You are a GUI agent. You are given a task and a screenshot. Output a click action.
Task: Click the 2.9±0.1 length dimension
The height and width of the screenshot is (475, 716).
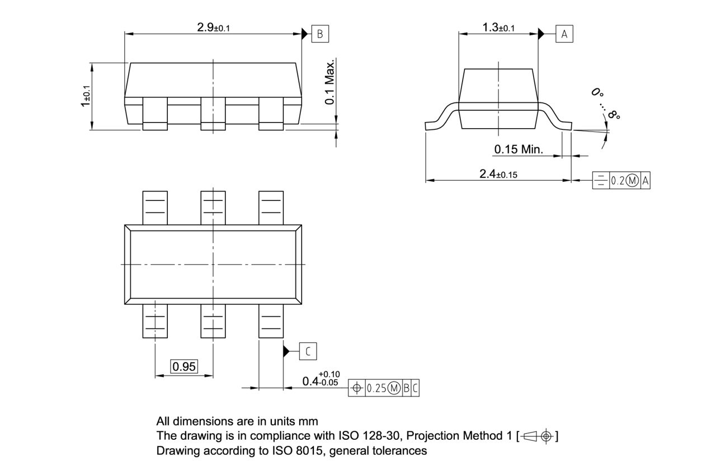213,27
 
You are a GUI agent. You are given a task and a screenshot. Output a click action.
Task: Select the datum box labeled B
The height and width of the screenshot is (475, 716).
320,34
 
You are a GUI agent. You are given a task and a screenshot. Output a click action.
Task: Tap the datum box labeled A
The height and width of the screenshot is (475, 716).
564,34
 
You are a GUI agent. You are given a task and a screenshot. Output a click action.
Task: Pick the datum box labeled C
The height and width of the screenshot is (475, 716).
308,351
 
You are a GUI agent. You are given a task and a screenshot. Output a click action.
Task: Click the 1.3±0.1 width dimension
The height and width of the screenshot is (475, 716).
498,27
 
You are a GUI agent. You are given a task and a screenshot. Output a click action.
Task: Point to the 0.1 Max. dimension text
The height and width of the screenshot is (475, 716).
331,81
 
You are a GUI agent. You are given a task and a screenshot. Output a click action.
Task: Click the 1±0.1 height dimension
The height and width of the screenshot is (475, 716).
84,96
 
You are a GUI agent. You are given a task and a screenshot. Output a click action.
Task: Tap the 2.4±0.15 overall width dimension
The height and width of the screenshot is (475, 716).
498,174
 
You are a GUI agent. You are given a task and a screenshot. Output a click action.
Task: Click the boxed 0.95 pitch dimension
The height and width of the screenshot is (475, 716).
184,367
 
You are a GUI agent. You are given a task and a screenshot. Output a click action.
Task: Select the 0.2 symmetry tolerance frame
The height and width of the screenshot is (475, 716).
621,181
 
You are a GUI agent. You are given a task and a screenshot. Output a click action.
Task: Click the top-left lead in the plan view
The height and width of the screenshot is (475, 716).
155,207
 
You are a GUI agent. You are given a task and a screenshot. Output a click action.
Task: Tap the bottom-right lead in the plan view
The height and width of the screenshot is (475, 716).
271,322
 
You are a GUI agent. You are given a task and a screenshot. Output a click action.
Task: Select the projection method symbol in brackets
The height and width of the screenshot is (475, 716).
538,436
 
